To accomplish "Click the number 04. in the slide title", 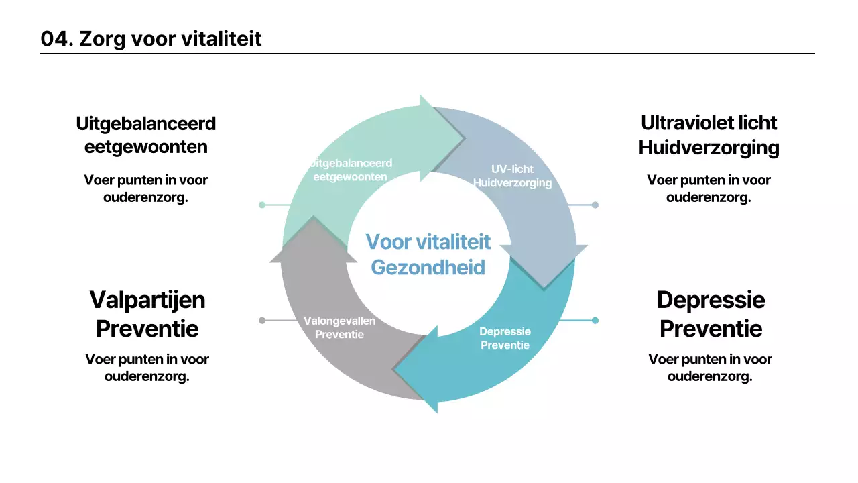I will tap(56, 39).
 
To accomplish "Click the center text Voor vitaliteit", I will tap(428, 241).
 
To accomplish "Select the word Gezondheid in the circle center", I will tap(428, 267).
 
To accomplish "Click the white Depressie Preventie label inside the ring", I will tap(505, 338).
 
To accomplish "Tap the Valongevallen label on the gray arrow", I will tap(339, 321).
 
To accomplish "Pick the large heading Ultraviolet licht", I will tap(709, 123).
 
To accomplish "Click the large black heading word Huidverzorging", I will tap(709, 147).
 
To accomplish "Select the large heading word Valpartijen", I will tap(147, 299).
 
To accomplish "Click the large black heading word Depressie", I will tap(711, 299).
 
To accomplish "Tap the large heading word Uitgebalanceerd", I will tap(146, 124).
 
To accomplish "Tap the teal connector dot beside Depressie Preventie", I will tap(595, 321).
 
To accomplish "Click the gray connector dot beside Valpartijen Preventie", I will tap(262, 321).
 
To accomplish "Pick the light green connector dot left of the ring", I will tap(262, 205).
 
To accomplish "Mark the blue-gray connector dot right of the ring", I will tap(595, 205).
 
